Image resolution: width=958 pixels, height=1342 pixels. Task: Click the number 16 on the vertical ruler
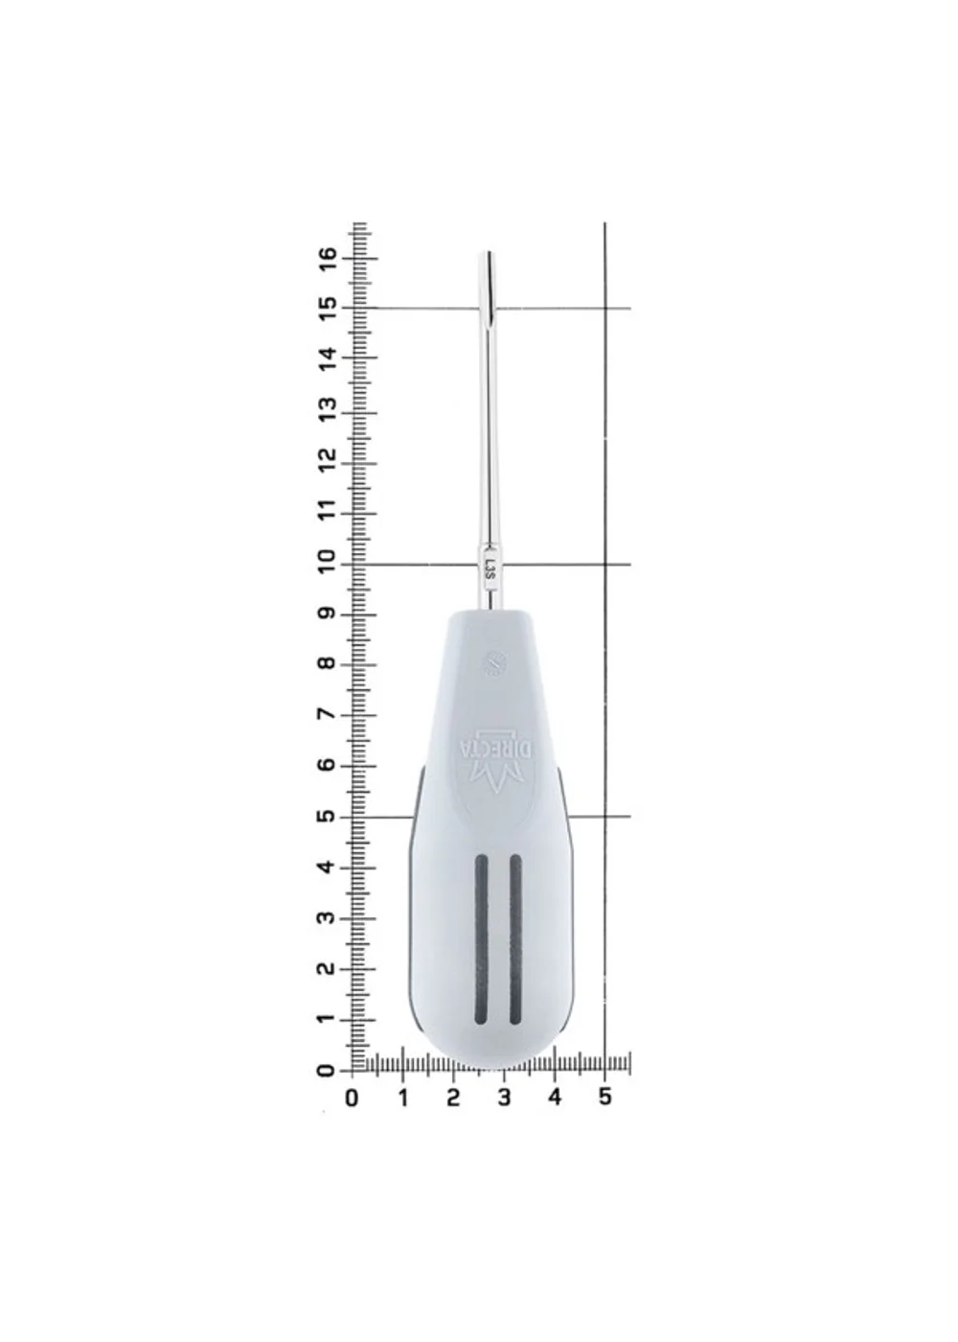[328, 259]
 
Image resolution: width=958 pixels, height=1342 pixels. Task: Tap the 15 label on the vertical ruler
[328, 309]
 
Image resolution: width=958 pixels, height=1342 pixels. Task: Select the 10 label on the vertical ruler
[328, 564]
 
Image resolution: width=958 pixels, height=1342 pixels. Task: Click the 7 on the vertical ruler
[328, 715]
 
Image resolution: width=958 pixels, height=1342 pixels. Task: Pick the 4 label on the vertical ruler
[328, 868]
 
